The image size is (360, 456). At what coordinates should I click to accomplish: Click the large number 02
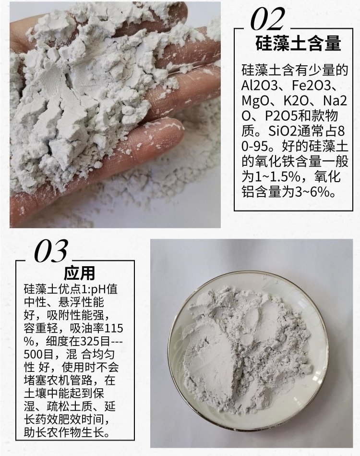(x=267, y=19)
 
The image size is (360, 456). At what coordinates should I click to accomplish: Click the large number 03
(x=51, y=250)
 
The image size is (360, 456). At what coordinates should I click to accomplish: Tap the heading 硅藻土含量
(x=298, y=44)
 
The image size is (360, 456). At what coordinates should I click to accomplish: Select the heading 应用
(x=79, y=273)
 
